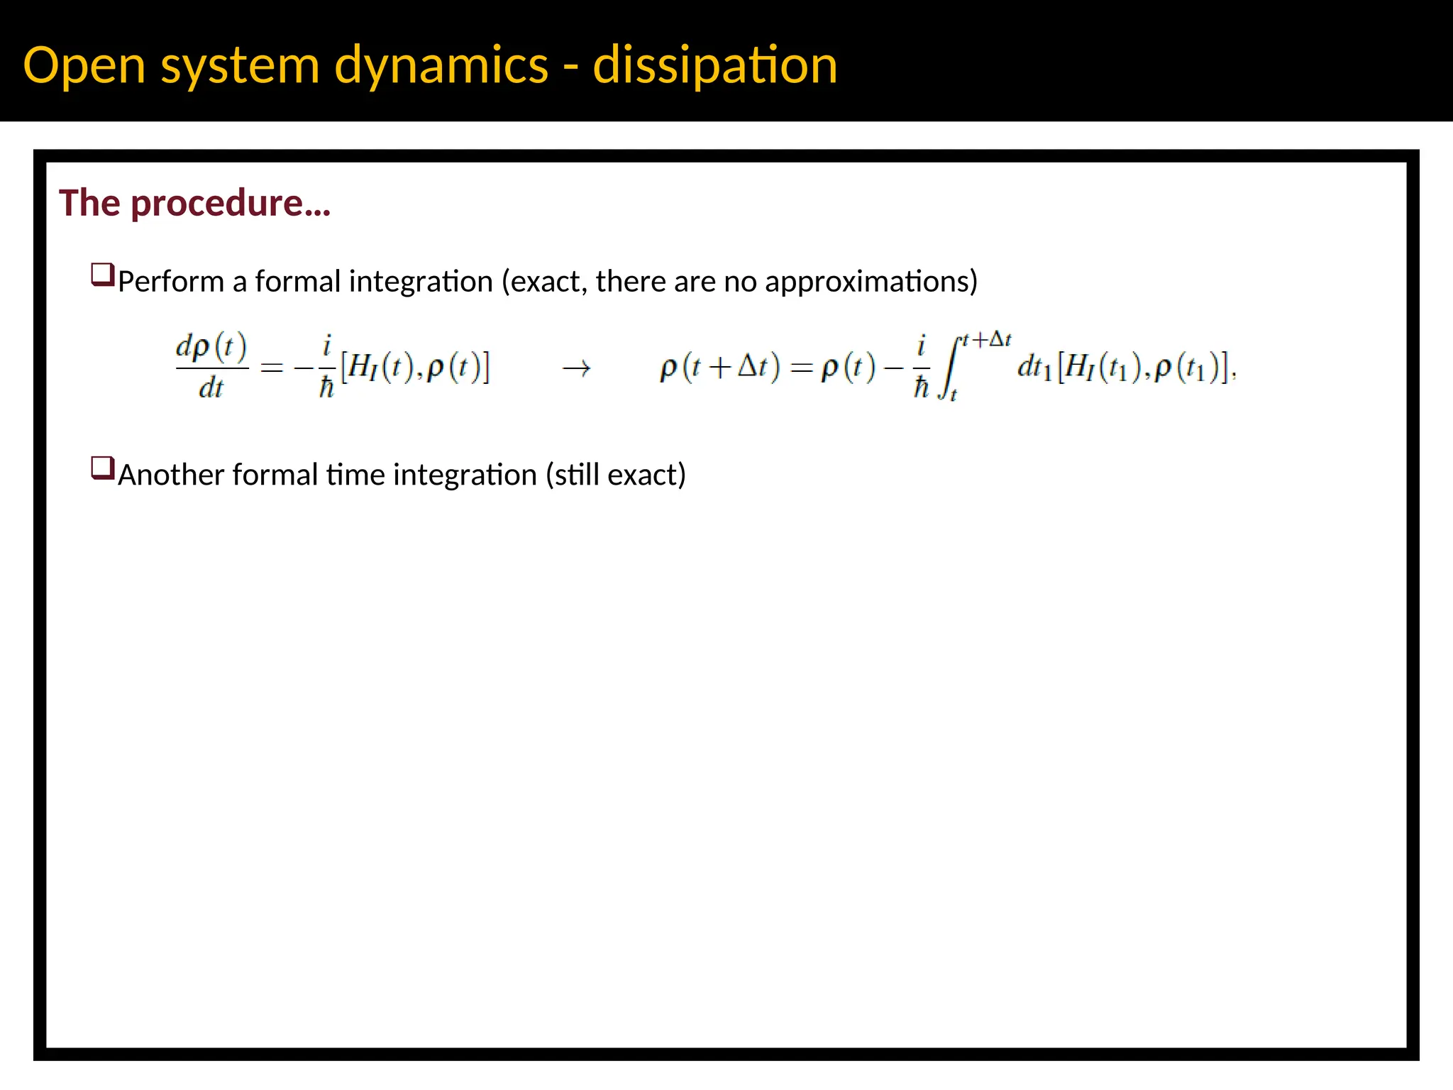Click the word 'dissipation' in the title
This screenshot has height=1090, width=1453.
click(714, 65)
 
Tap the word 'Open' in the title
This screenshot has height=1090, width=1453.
click(84, 65)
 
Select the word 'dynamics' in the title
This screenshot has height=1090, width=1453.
click(441, 65)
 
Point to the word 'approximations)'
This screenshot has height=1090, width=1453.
click(871, 282)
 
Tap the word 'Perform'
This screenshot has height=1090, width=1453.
click(171, 282)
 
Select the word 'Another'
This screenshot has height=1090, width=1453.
click(171, 475)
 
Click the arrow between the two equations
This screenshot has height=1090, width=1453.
click(576, 368)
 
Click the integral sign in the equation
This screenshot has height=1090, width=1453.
click(949, 368)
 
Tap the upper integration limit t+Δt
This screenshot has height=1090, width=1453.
click(986, 339)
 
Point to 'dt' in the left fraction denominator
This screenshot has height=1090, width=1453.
click(211, 388)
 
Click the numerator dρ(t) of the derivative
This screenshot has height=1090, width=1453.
click(211, 347)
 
